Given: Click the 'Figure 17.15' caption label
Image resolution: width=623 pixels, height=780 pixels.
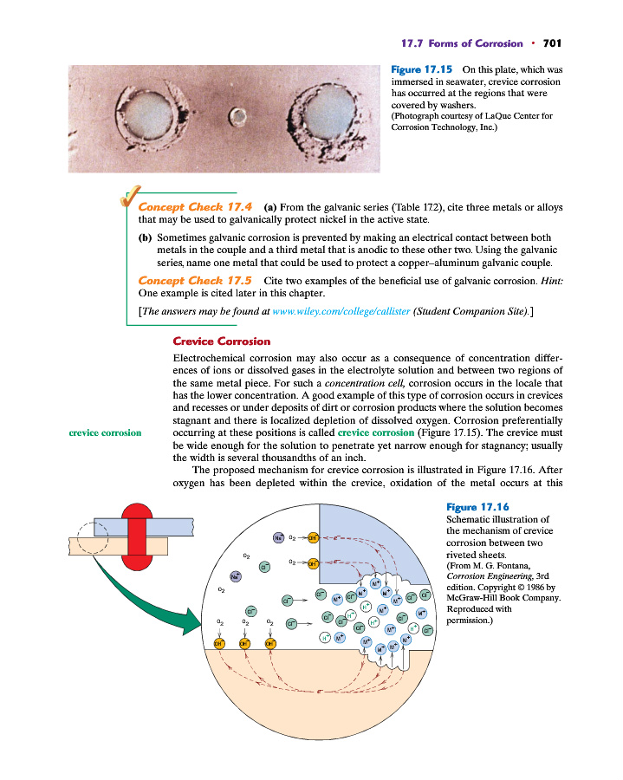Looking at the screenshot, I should (x=422, y=68).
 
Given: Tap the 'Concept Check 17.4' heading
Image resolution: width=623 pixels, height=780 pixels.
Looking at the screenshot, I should (x=194, y=208).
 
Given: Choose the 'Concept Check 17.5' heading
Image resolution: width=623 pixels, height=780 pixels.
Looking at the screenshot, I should (x=194, y=281).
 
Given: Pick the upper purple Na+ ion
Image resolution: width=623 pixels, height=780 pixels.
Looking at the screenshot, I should (x=279, y=537).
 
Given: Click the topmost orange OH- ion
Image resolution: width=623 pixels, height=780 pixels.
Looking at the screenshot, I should (x=314, y=537).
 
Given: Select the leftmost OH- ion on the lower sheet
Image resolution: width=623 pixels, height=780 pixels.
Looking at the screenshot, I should (x=220, y=644).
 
